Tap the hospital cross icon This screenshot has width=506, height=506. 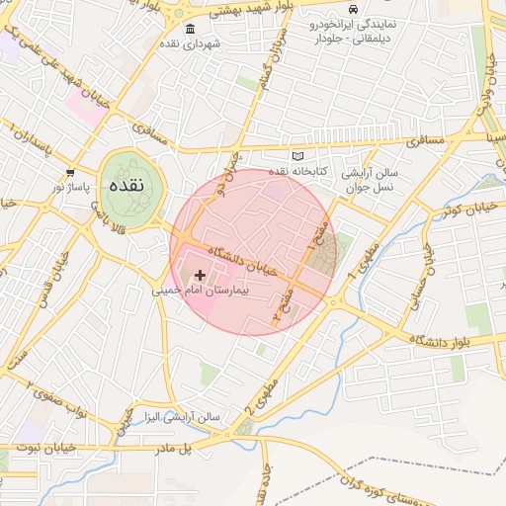pos(201,275)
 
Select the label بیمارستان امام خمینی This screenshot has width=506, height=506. pos(202,292)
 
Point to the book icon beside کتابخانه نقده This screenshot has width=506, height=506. pos(297,156)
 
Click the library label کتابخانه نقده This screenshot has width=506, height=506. pos(294,172)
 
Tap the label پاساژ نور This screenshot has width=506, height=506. pos(71,187)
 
